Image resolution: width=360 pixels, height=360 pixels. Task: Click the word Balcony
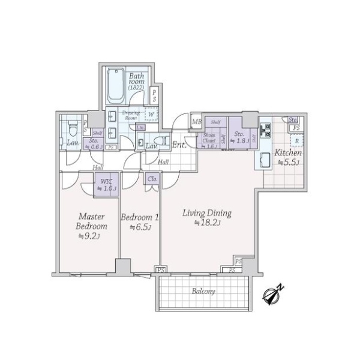(204, 291)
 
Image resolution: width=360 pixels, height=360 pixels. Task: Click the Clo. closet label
(152, 179)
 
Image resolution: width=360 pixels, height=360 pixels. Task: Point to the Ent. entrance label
(179, 145)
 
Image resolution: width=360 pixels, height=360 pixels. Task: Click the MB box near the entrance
(196, 122)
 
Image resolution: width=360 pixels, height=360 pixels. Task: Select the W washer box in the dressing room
(151, 113)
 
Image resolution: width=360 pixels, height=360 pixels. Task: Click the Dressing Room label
(131, 115)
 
